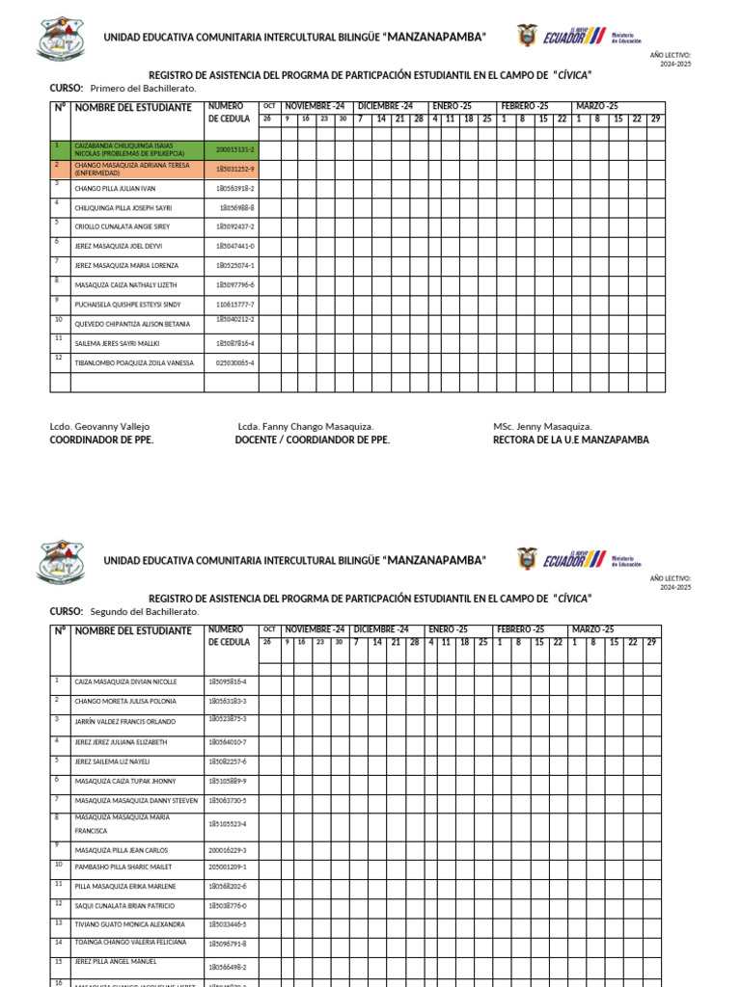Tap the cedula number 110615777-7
234,305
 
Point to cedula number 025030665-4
234,363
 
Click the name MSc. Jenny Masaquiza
542,426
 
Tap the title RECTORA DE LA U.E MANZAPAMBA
570,440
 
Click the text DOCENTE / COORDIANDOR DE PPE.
313,440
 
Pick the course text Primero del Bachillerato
143,88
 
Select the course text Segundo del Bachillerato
145,611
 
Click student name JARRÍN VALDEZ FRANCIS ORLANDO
125,720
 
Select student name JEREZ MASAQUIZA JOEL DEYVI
118,246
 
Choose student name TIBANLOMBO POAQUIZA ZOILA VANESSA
134,363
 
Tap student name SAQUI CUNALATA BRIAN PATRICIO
124,906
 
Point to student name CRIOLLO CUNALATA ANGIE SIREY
122,227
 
